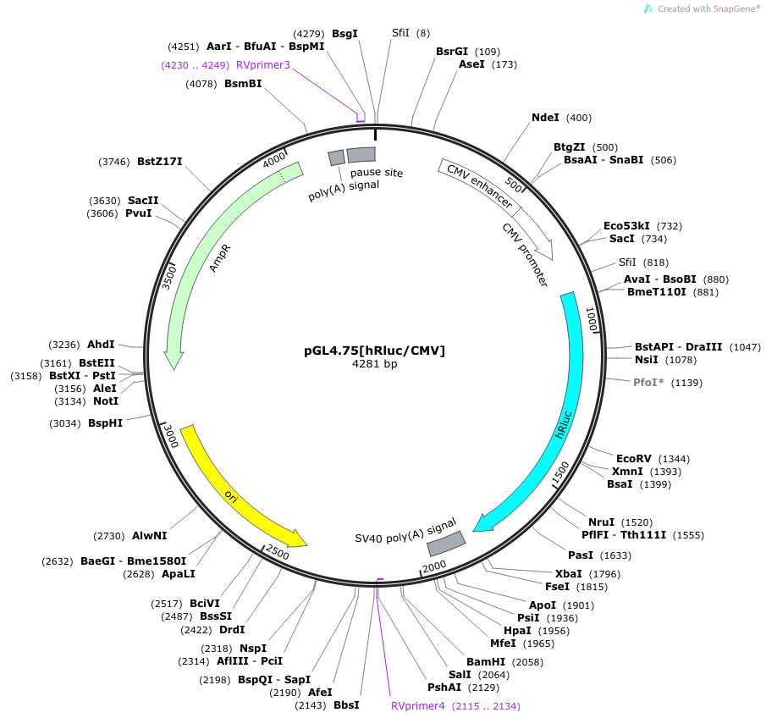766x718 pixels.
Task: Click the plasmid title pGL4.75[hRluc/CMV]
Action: click(x=374, y=351)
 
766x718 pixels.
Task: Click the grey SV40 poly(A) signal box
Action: click(x=447, y=544)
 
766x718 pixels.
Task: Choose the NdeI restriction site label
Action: click(x=545, y=118)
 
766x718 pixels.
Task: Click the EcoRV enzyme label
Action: click(x=634, y=459)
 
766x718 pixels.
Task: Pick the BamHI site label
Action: click(x=486, y=662)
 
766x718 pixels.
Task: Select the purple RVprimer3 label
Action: click(x=263, y=65)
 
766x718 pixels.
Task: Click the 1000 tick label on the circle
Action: click(x=592, y=319)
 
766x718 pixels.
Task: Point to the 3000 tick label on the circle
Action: click(x=171, y=435)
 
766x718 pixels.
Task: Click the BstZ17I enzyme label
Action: click(x=160, y=162)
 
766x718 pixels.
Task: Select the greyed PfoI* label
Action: click(x=648, y=383)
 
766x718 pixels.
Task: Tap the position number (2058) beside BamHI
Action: click(x=527, y=662)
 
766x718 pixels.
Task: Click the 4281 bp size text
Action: click(x=374, y=364)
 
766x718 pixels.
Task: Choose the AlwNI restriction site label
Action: click(x=150, y=536)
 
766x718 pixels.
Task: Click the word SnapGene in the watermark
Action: click(x=733, y=8)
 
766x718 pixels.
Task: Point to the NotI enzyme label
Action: click(x=106, y=401)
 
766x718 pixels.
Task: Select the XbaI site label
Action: click(x=568, y=574)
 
